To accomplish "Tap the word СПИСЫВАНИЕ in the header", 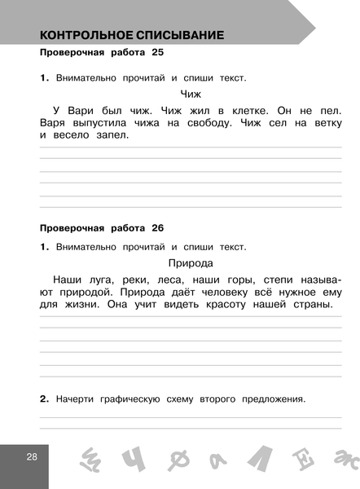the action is tap(178, 36).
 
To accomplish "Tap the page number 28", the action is tap(31, 456).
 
